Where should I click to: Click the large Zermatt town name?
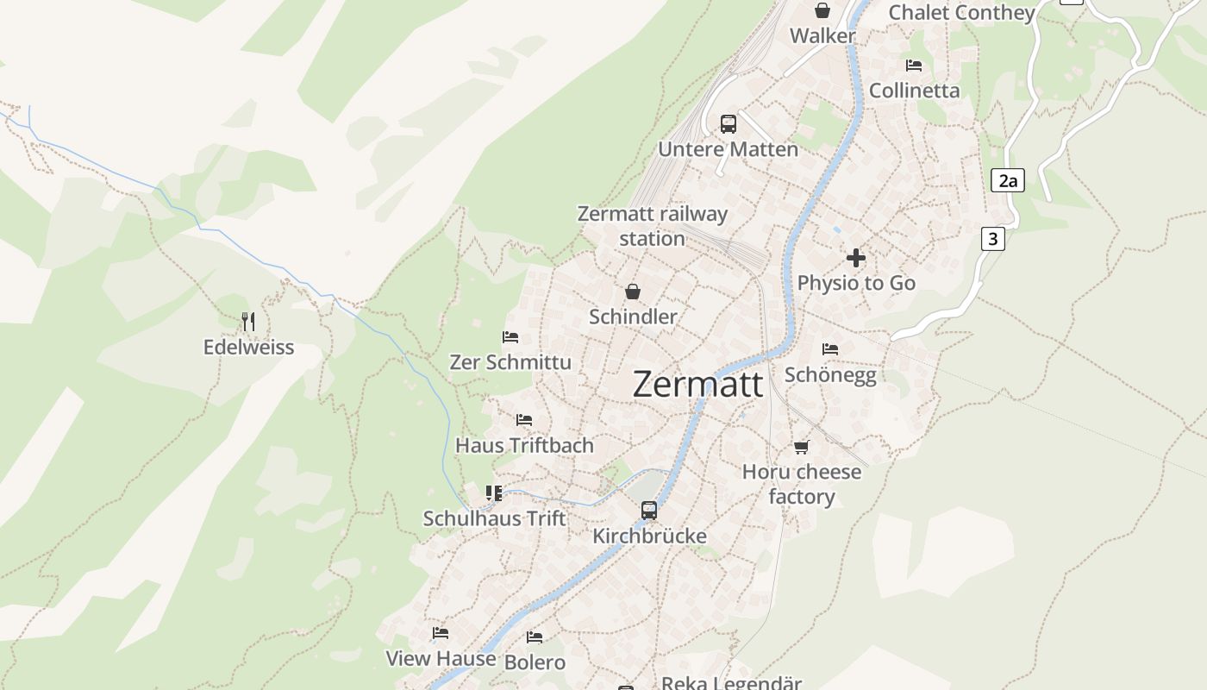pos(697,384)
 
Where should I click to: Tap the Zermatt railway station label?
pos(652,226)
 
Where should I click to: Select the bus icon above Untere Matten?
pos(729,123)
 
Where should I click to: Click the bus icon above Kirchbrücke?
pos(649,511)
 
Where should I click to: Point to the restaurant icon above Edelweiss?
pos(248,322)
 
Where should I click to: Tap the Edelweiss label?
pos(248,348)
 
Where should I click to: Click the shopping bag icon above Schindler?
pos(633,292)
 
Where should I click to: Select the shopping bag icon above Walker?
pos(822,10)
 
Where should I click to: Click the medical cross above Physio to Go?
pos(856,258)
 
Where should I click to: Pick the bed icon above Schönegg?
pos(830,349)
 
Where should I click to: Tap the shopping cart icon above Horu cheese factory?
pos(802,447)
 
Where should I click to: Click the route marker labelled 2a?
pos(1007,180)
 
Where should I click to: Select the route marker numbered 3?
pos(992,239)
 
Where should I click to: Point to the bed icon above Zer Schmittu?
pos(510,337)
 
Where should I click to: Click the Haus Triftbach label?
pos(524,446)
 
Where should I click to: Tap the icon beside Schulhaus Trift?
pos(493,493)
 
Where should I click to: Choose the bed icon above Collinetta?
pos(914,66)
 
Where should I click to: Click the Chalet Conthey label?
pos(961,13)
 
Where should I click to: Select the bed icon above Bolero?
pos(535,637)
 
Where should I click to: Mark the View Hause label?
pos(441,659)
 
